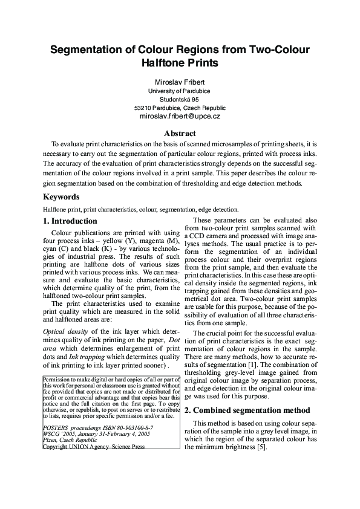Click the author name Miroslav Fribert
[180, 82]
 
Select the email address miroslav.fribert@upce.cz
[180, 115]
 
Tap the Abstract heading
[180, 134]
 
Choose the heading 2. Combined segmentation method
[247, 410]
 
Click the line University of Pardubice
[180, 91]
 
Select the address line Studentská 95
[180, 99]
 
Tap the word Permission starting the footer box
[58, 379]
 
